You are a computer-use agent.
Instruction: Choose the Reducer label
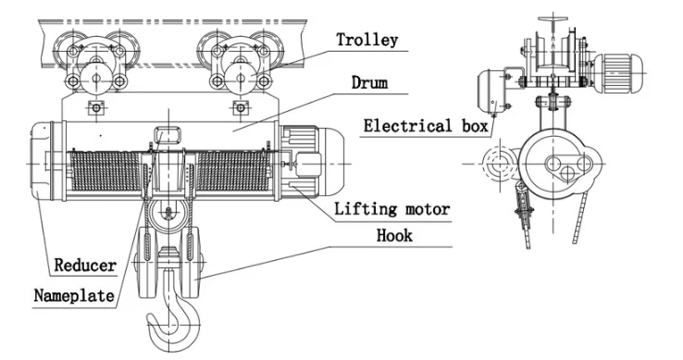click(x=84, y=266)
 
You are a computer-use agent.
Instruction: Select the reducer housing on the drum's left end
click(x=42, y=158)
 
